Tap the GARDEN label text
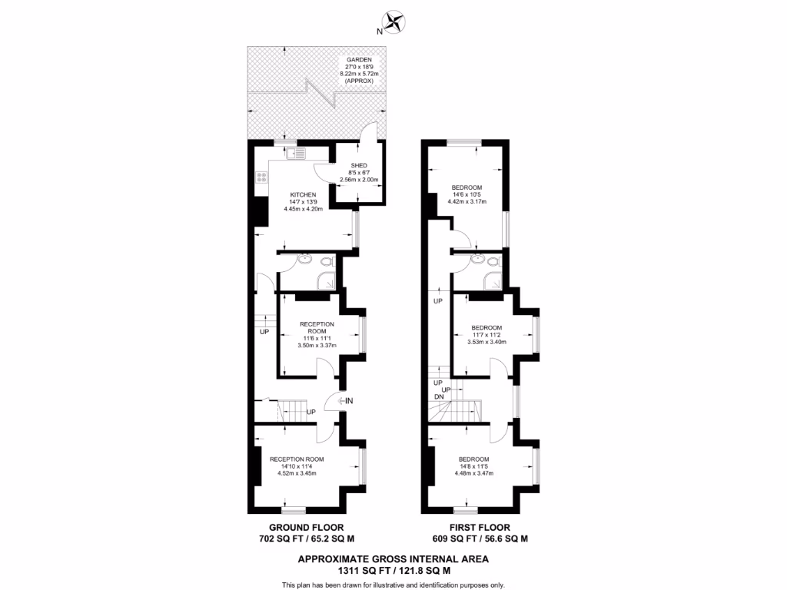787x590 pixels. pyautogui.click(x=360, y=59)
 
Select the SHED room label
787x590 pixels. pyautogui.click(x=359, y=165)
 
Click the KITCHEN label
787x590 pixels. pyautogui.click(x=304, y=194)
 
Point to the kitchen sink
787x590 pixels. pyautogui.click(x=297, y=154)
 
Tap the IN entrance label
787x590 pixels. pyautogui.click(x=348, y=400)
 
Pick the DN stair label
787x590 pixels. pyautogui.click(x=439, y=396)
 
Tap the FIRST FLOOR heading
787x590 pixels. pyautogui.click(x=480, y=527)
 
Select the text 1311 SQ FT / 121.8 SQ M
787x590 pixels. pyautogui.click(x=393, y=571)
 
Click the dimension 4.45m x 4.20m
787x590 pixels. pyautogui.click(x=304, y=208)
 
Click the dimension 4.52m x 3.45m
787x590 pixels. pyautogui.click(x=297, y=473)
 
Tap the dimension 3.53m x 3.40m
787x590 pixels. pyautogui.click(x=487, y=342)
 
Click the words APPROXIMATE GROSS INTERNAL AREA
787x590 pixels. pyautogui.click(x=393, y=559)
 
